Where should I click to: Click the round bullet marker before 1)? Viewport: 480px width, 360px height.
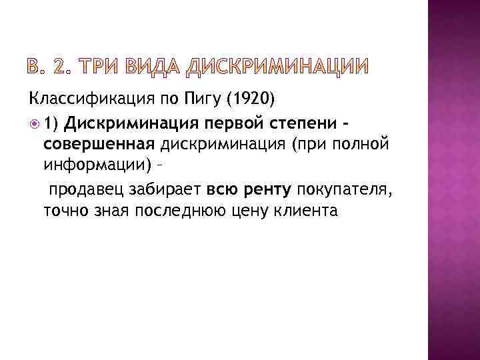pyautogui.click(x=33, y=123)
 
